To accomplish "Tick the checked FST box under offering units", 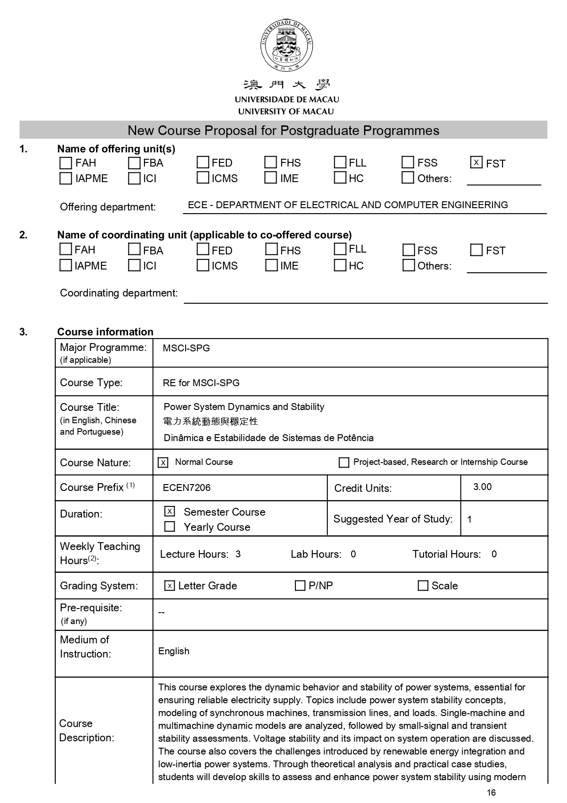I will [x=476, y=162].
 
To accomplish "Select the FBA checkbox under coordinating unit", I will [x=134, y=249].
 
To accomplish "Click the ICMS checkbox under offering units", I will [x=203, y=178].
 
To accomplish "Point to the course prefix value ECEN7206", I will [x=187, y=488].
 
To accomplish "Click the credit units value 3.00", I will [x=482, y=487].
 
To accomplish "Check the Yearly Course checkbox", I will [x=170, y=527].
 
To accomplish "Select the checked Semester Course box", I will [x=170, y=511].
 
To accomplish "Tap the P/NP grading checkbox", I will [x=300, y=586].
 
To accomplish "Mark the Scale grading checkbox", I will [x=423, y=586].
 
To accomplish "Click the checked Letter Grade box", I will [x=170, y=586].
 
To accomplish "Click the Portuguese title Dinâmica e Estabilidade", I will [x=268, y=438].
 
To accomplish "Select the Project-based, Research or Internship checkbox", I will [x=344, y=463].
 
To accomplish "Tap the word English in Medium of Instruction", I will [x=174, y=651].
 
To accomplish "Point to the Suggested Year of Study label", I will [x=393, y=519].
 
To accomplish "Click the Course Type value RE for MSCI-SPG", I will [x=201, y=383].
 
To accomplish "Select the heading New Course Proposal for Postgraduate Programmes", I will [x=283, y=130].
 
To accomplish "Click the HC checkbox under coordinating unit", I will [x=340, y=265].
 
